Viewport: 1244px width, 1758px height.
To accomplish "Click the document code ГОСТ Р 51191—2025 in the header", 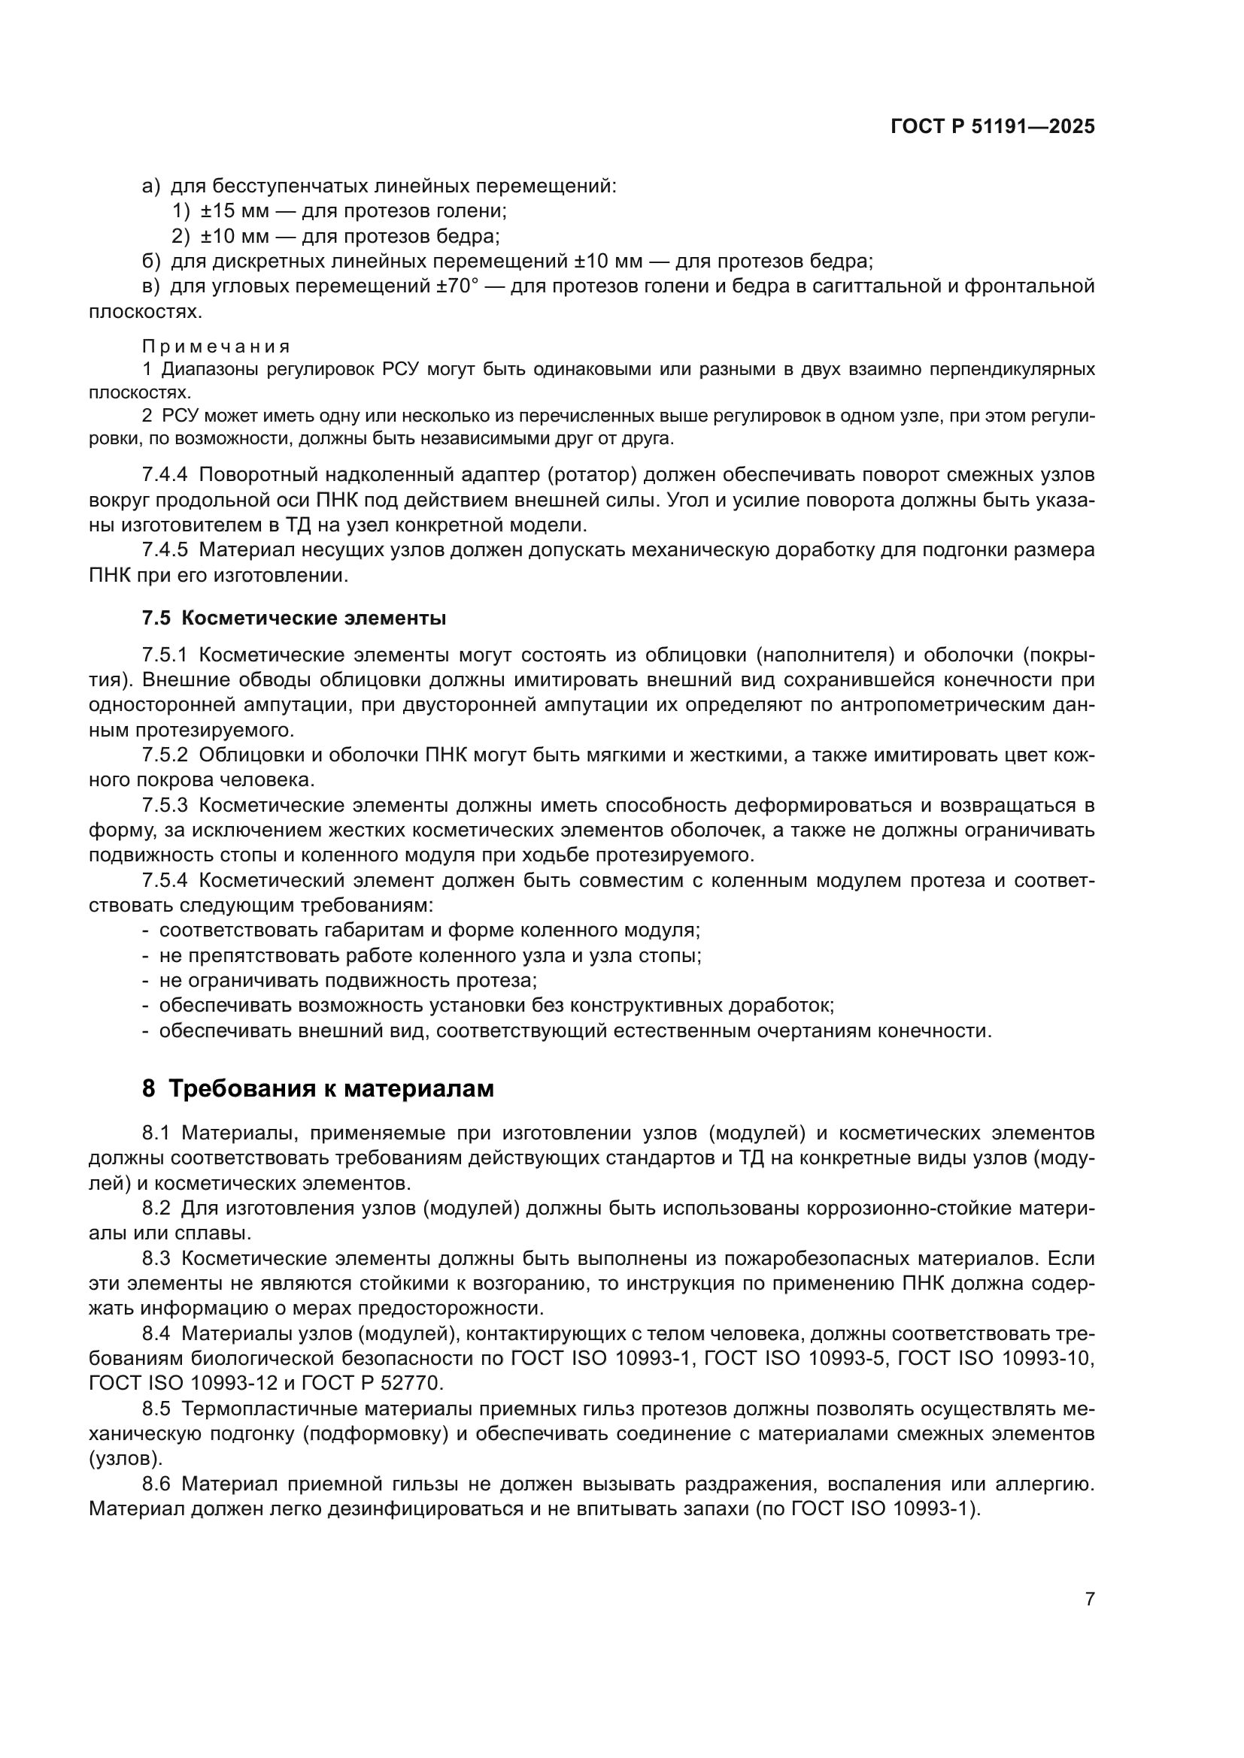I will tap(993, 127).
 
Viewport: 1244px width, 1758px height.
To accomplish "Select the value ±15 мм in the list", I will tap(235, 210).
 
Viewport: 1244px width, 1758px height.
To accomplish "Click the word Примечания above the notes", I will tap(217, 346).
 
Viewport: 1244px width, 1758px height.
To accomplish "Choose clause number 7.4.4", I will tap(165, 475).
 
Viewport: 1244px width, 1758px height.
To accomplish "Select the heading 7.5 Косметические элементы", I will tap(294, 618).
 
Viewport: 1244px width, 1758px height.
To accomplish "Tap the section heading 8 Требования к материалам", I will tap(318, 1088).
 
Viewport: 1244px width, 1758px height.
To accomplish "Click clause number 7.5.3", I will tap(165, 805).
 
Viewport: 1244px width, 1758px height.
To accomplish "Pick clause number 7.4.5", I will tap(165, 549).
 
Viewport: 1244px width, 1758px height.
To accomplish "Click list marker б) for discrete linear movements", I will tap(151, 261).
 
